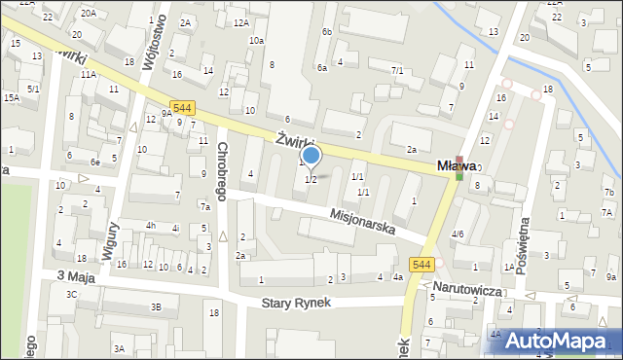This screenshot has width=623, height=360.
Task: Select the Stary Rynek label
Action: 297,303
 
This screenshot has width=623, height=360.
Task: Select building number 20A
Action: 89,13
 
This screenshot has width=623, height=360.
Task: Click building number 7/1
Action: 397,70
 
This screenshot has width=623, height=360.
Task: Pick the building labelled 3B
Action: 156,307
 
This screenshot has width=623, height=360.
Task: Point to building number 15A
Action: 11,98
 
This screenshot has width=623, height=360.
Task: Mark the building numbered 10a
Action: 256,41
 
